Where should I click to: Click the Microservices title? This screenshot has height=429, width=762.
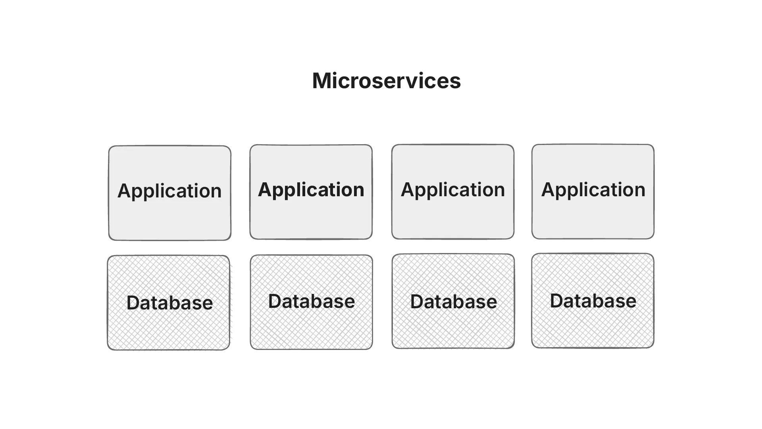tap(386, 81)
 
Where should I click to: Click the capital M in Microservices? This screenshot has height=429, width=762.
tap(321, 81)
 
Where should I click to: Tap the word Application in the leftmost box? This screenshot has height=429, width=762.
tap(169, 191)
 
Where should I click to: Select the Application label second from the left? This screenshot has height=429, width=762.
tap(311, 189)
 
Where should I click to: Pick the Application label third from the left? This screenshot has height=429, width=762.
tap(453, 189)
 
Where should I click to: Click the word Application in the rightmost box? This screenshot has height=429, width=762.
tap(593, 189)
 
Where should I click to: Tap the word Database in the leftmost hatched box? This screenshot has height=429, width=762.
tap(169, 303)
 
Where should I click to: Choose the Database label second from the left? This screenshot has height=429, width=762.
tap(312, 301)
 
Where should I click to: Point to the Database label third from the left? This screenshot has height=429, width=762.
tap(454, 302)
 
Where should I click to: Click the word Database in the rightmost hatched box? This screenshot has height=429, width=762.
tap(593, 301)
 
